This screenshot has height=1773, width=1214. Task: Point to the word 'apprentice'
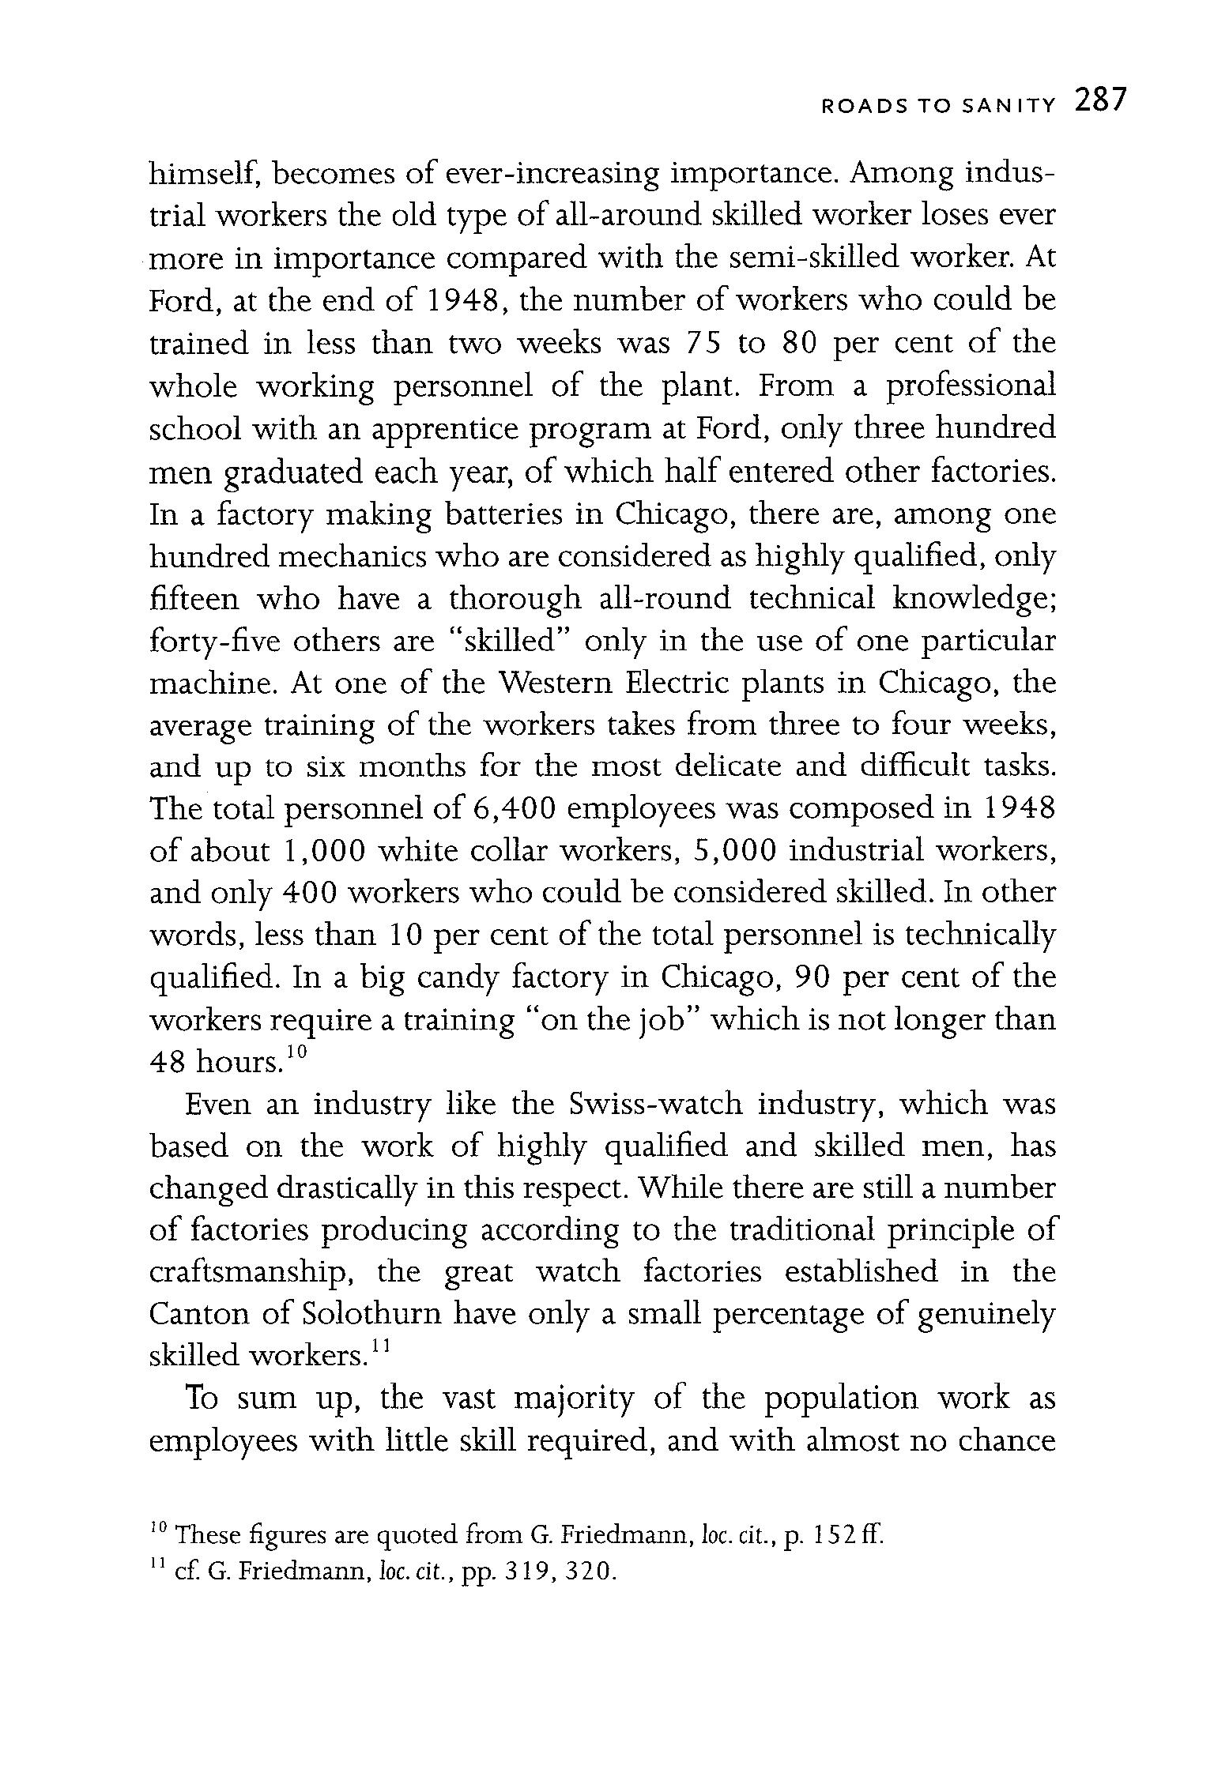444,430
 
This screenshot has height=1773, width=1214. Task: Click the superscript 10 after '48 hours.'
295,1052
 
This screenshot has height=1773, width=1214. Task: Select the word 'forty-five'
213,641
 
